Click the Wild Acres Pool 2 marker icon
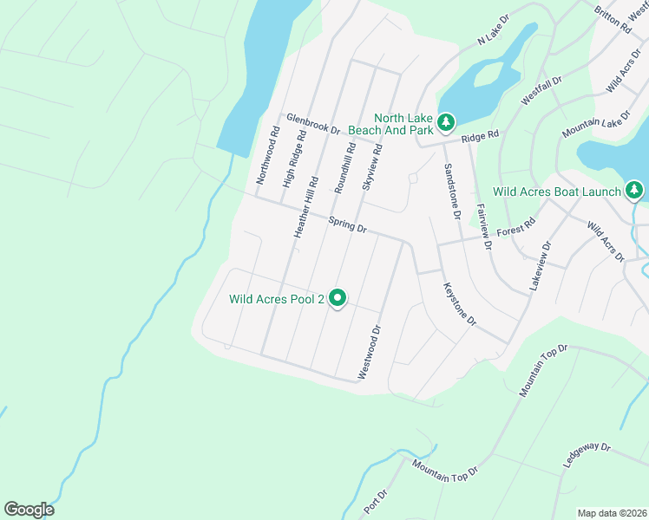click(337, 299)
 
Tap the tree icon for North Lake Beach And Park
click(446, 123)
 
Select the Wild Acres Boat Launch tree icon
click(635, 191)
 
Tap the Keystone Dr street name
click(460, 303)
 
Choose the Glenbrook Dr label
click(313, 124)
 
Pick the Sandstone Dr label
click(450, 192)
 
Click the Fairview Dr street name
click(484, 227)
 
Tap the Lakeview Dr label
click(538, 265)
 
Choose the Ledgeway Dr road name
click(587, 457)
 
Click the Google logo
click(29, 510)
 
